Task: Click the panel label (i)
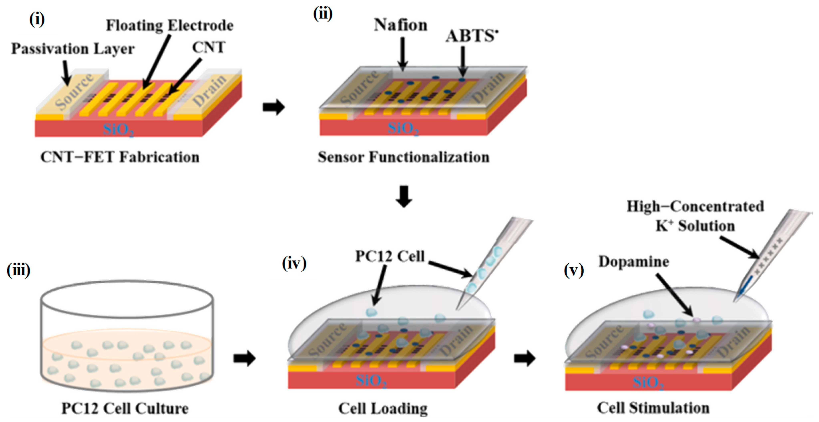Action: coord(37,20)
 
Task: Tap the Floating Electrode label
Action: coord(169,25)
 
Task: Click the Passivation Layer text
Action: coord(73,49)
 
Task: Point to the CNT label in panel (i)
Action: coord(209,47)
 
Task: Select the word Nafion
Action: coord(400,25)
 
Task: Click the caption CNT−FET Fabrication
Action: coord(120,157)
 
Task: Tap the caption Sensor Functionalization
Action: coord(403,157)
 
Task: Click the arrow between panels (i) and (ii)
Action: coord(273,107)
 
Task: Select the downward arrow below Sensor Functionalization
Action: coord(404,196)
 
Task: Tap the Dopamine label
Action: coord(634,262)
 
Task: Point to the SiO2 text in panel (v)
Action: coord(648,382)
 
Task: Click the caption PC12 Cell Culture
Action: coord(125,408)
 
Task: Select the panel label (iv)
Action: coord(294,263)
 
